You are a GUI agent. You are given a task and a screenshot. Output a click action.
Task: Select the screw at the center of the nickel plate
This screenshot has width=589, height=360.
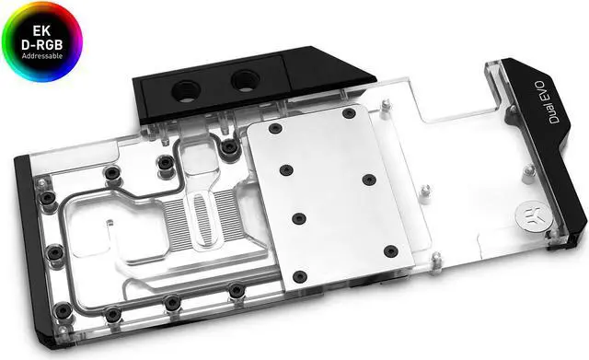pos(298,218)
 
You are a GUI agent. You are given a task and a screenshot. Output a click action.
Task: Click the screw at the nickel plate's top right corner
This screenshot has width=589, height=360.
pos(349,113)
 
